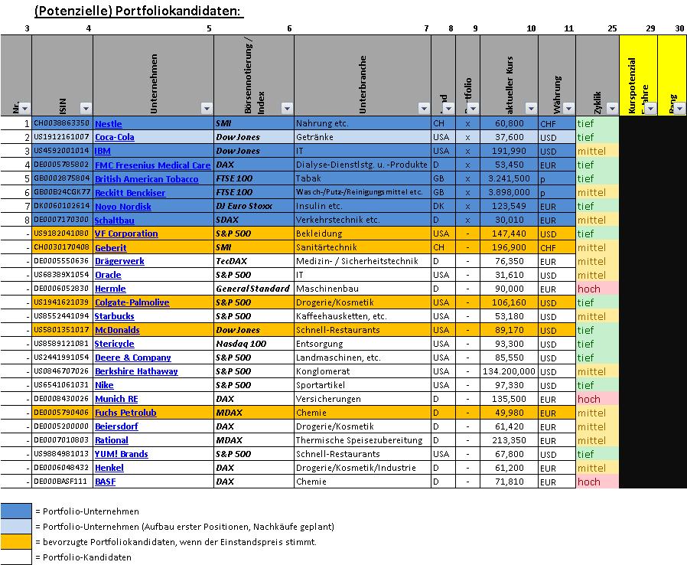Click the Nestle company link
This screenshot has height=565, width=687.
tap(108, 124)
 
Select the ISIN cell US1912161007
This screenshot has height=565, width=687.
tap(62, 137)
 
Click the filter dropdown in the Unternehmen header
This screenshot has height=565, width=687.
tap(207, 108)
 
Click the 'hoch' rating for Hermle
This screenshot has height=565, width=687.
tap(588, 289)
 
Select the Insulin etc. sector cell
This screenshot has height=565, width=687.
tap(325, 207)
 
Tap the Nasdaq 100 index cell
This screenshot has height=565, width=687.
tap(243, 344)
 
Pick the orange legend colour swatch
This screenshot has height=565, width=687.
tap(16, 541)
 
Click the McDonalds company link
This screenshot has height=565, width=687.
tap(117, 330)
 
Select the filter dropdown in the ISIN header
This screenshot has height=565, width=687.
tap(86, 108)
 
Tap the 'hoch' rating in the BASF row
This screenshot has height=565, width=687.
tap(588, 482)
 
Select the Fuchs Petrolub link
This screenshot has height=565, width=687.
tap(125, 413)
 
